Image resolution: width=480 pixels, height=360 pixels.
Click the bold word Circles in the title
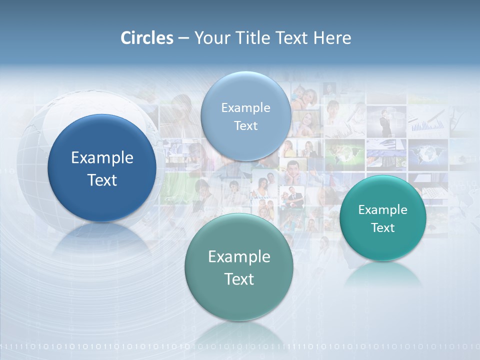point(147,38)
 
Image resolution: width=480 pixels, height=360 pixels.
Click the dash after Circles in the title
point(183,38)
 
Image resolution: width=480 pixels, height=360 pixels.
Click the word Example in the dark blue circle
point(102,158)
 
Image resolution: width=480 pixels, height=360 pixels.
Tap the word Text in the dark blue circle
point(102,180)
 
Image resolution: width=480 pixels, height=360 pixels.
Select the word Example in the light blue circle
point(245,108)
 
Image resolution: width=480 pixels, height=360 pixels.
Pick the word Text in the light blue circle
point(245,125)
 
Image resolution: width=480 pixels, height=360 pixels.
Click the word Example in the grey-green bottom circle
point(239,257)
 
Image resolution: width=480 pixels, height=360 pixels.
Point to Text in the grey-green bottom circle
point(239,279)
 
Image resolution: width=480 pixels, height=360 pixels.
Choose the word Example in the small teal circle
point(382,210)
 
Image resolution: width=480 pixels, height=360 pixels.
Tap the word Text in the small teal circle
point(382,228)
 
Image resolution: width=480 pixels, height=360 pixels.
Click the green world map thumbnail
point(344,153)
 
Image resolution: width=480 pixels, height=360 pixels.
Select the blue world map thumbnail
point(427,153)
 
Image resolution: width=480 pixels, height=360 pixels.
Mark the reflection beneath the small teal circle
point(383,274)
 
